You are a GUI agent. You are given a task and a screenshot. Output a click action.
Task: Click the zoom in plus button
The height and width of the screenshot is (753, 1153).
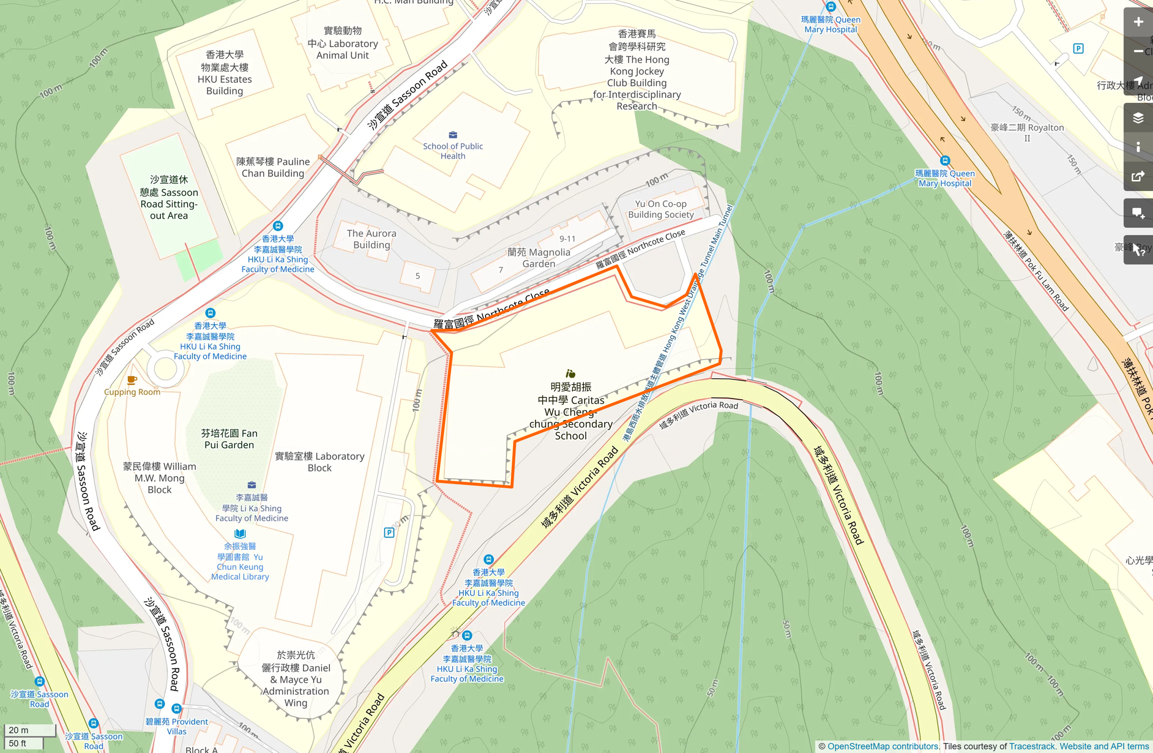pos(1138,22)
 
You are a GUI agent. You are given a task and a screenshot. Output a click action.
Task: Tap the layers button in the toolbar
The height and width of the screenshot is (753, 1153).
pos(1138,118)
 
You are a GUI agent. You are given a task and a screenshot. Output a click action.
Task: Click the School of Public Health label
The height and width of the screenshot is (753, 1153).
pos(453,151)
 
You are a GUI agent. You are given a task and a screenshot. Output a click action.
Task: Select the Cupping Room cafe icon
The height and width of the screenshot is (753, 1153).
pos(132,380)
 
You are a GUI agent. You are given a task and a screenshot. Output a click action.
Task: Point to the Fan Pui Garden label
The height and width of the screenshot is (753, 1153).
pos(229,439)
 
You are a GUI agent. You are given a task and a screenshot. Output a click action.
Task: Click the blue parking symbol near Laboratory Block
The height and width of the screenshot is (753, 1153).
pos(389,533)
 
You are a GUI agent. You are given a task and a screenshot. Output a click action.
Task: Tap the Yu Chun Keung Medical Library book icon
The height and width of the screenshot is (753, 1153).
pos(240,534)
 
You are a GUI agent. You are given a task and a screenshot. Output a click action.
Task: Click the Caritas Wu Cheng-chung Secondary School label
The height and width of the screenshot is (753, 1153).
pos(570,411)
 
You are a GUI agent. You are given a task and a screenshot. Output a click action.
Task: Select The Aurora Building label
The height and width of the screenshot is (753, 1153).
pos(371,239)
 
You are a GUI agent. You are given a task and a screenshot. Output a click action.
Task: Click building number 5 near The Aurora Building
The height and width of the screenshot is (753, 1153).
pos(417,276)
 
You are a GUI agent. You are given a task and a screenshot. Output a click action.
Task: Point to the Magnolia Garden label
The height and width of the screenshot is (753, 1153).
pos(539,258)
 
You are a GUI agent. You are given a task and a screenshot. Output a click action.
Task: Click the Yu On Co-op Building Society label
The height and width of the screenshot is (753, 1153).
pos(661,209)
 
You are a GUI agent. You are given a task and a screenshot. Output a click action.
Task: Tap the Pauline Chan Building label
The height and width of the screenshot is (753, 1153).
pos(273,167)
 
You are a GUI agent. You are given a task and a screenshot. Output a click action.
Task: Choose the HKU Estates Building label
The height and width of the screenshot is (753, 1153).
pos(225,73)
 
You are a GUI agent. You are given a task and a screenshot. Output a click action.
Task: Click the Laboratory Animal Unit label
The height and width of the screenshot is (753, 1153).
pos(343,43)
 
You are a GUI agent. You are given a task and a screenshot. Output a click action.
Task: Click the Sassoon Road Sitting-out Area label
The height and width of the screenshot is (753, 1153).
pos(169,197)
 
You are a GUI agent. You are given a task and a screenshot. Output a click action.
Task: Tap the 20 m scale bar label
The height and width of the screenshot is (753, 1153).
pos(18,730)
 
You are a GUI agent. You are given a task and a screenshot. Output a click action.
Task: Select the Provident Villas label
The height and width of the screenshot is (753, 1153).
pos(177,726)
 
